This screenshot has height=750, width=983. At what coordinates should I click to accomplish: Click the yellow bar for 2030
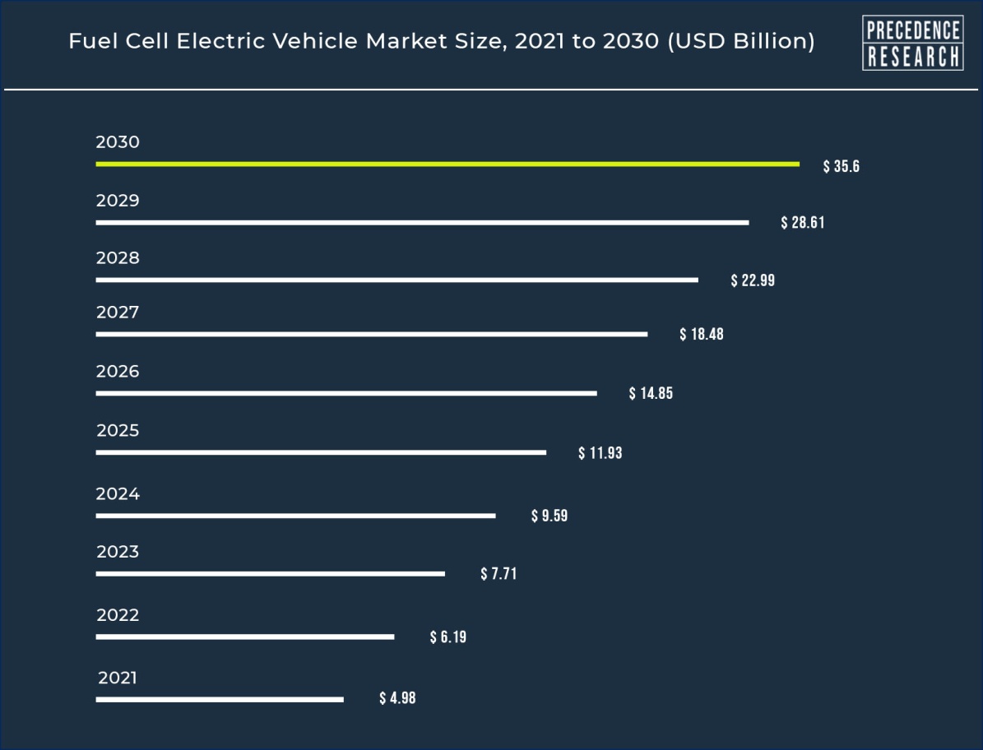pos(447,164)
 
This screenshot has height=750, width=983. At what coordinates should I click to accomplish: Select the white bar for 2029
pos(422,223)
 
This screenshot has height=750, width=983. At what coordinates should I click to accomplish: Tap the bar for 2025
pos(321,452)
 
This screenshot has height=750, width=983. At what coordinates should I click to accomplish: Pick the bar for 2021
pos(219,700)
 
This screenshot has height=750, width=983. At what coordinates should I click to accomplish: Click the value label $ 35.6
pos(842,167)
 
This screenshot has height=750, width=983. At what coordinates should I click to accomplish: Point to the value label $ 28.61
pos(803,223)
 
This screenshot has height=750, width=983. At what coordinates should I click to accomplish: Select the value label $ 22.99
pos(753,280)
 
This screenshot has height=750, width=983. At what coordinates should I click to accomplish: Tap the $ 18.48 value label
pos(702,335)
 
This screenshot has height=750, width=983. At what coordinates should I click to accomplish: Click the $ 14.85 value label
pos(651,393)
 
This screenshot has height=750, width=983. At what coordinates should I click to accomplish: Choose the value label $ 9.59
pos(549,516)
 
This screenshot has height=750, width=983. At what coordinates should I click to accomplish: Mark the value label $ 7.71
pos(498,574)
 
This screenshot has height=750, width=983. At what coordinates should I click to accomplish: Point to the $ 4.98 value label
pos(397,699)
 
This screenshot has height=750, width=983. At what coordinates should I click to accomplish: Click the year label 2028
pos(118,258)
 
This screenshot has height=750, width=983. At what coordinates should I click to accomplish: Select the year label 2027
pos(118,312)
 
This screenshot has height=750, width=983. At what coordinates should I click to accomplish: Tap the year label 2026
pos(118,372)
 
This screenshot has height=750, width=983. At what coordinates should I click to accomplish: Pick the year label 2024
pos(118,494)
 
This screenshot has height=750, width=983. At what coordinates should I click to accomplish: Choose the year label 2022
pos(118,615)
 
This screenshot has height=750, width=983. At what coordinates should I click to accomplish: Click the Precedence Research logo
pos(912,43)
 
